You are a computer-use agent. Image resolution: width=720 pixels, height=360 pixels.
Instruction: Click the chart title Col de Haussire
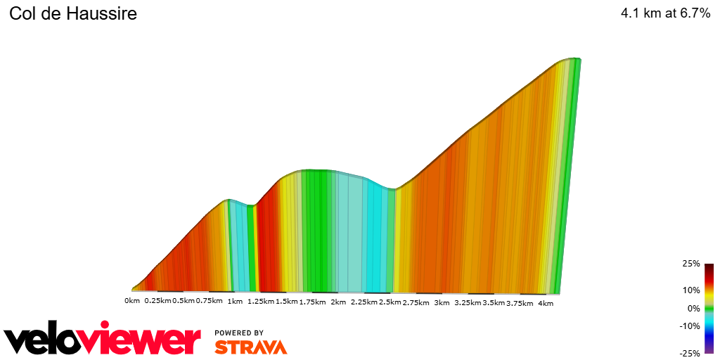[x=73, y=14]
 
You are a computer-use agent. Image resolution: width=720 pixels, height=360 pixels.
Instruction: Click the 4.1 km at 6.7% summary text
[x=665, y=13]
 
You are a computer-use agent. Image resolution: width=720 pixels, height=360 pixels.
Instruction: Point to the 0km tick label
[x=132, y=302]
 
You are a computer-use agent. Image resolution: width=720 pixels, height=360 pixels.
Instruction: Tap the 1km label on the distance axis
[x=235, y=302]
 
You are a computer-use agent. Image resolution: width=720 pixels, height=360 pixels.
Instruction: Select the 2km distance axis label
[x=338, y=302]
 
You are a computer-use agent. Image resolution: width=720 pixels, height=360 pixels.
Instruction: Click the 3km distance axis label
[x=442, y=302]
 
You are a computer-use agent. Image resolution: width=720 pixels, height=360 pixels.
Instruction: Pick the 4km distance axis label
[x=546, y=302]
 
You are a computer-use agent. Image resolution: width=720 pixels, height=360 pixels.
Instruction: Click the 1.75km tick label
[x=312, y=302]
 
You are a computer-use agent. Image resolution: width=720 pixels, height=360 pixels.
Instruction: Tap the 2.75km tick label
[x=416, y=302]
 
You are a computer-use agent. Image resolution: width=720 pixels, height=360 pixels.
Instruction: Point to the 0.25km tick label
[x=157, y=302]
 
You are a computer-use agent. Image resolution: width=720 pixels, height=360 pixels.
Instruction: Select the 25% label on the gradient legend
[x=691, y=264]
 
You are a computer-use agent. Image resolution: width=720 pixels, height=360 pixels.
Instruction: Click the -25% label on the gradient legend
[x=690, y=354]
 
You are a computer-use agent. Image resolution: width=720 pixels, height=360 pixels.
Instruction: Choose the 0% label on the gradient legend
[x=693, y=308]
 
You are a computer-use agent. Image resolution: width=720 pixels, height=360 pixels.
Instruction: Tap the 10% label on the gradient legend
[x=691, y=290]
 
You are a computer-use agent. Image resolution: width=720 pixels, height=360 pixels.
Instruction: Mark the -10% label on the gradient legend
[x=690, y=326]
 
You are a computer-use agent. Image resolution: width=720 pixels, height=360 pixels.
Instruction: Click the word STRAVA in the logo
[x=250, y=347]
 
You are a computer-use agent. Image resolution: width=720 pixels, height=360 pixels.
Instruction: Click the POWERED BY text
[x=239, y=333]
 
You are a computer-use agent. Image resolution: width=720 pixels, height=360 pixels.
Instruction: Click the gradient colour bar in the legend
[x=709, y=309]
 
